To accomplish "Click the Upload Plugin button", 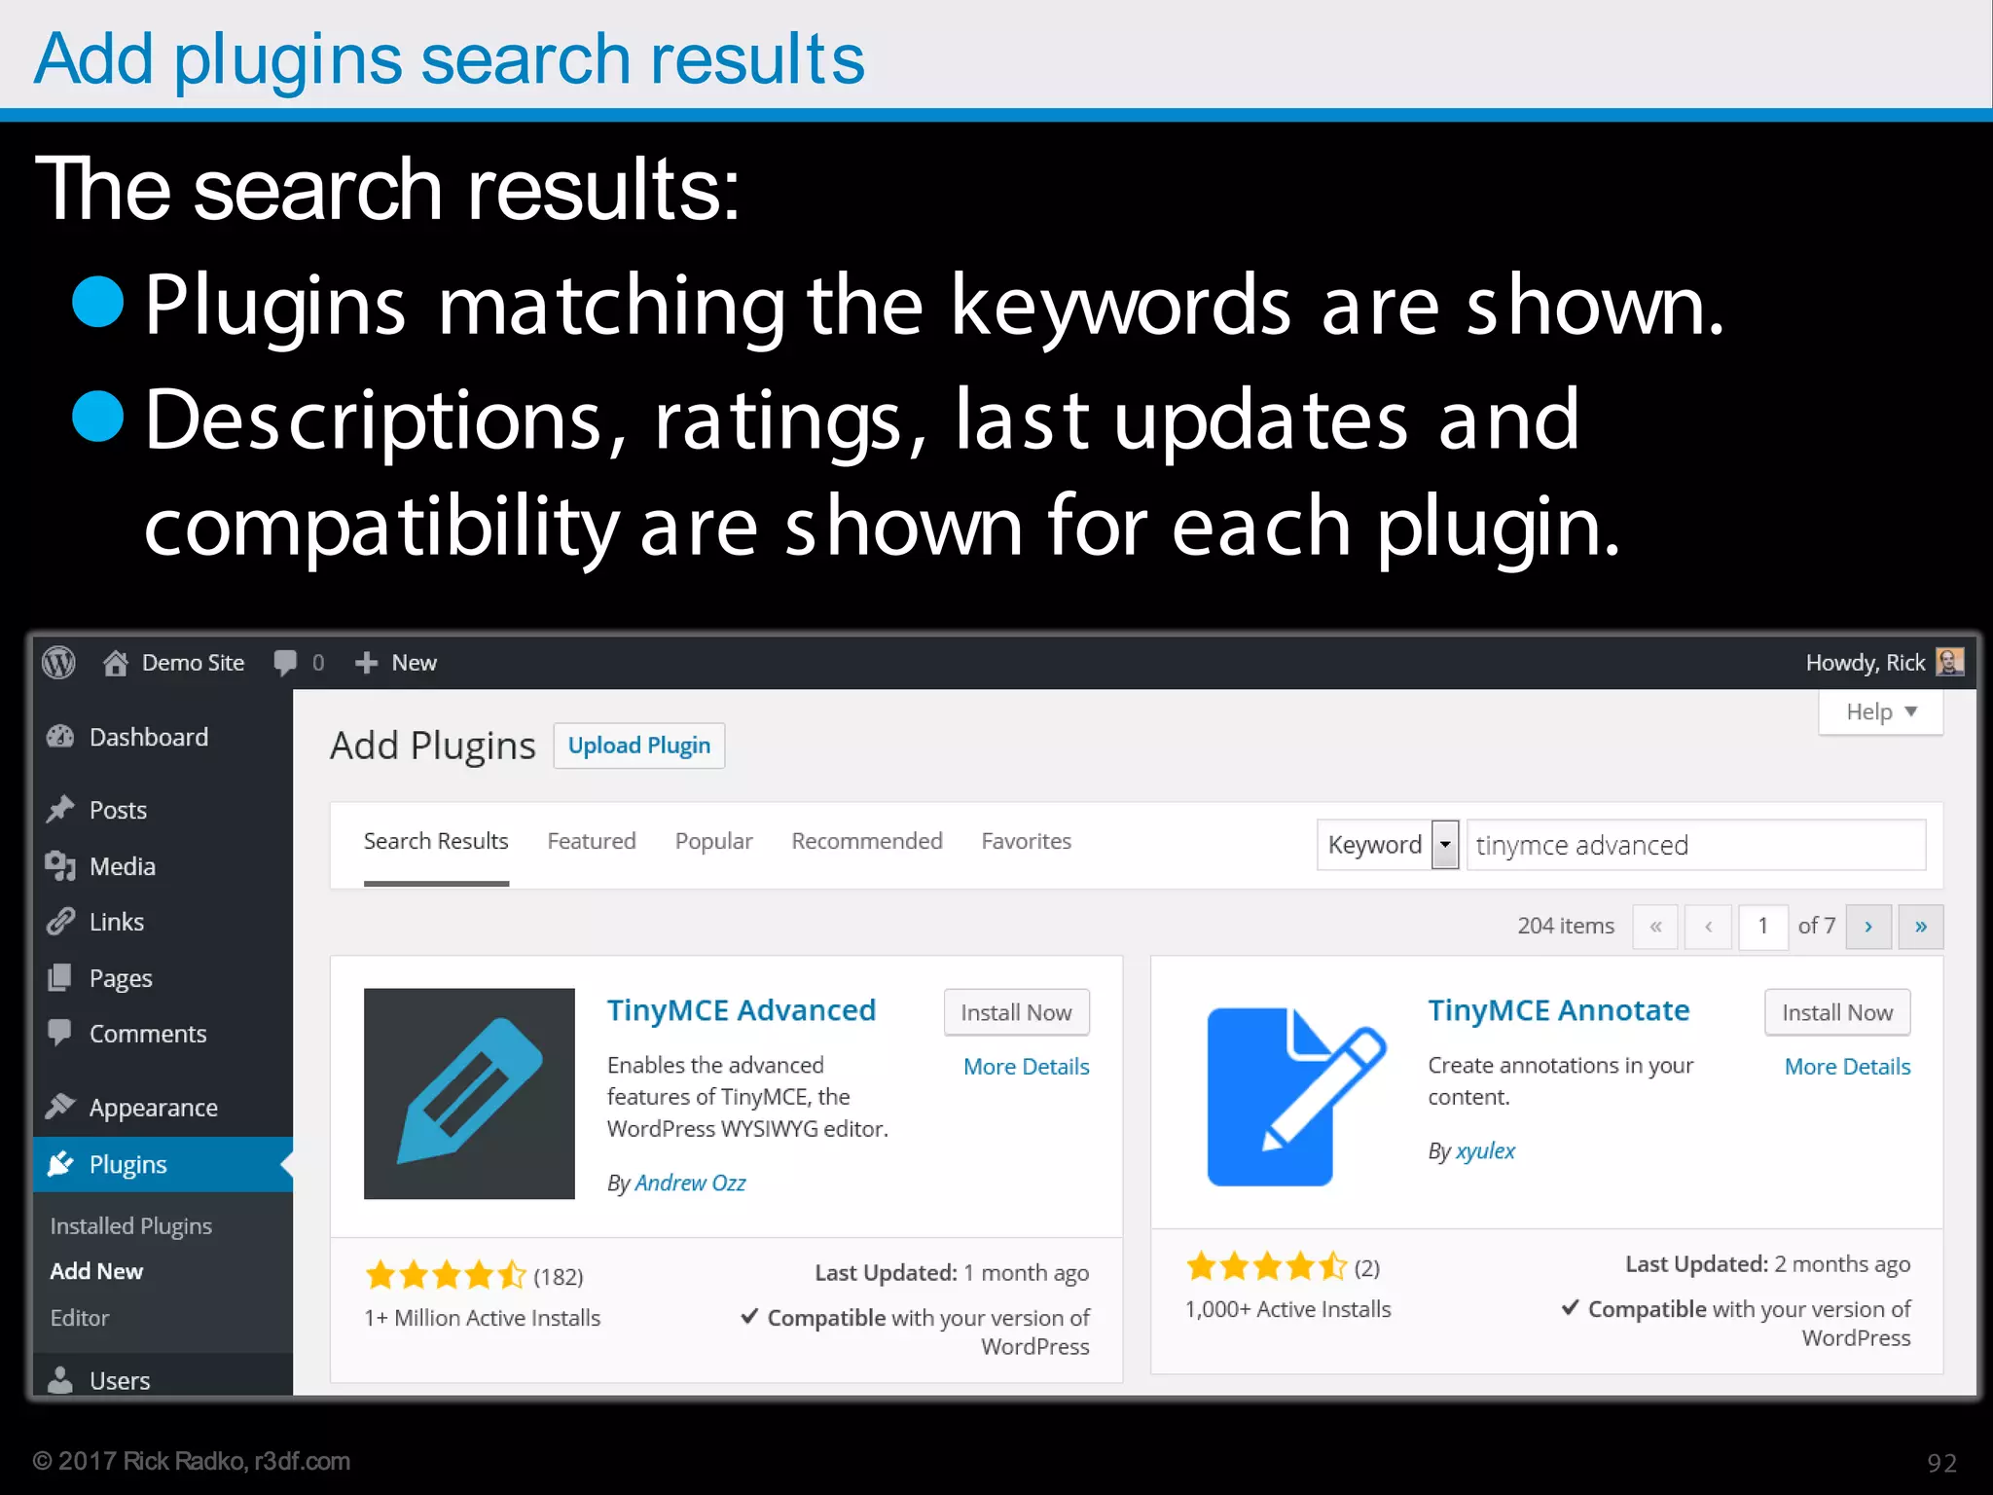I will pyautogui.click(x=638, y=746).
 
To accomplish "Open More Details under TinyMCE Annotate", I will pyautogui.click(x=1846, y=1067).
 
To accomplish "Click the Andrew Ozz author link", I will pyautogui.click(x=690, y=1183).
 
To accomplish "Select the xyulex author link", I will pyautogui.click(x=1485, y=1151).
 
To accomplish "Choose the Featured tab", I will pyautogui.click(x=591, y=841).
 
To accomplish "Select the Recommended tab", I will pyautogui.click(x=866, y=841).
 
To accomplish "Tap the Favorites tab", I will pyautogui.click(x=1026, y=841).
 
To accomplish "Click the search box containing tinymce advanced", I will pyautogui.click(x=1694, y=845).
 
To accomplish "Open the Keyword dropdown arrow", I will pyautogui.click(x=1445, y=845).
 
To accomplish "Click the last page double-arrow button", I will pyautogui.click(x=1920, y=927).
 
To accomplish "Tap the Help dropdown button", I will pyautogui.click(x=1880, y=712).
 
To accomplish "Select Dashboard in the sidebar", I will pyautogui.click(x=148, y=737).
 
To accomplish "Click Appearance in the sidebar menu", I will pyautogui.click(x=153, y=1108).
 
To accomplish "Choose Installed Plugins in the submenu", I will pyautogui.click(x=130, y=1226).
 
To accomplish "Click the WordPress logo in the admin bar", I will pyautogui.click(x=59, y=663).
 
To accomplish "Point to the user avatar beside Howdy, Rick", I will pyautogui.click(x=1949, y=662).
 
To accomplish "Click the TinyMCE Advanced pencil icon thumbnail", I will pyautogui.click(x=469, y=1093).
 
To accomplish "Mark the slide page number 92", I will pyautogui.click(x=1941, y=1463).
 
